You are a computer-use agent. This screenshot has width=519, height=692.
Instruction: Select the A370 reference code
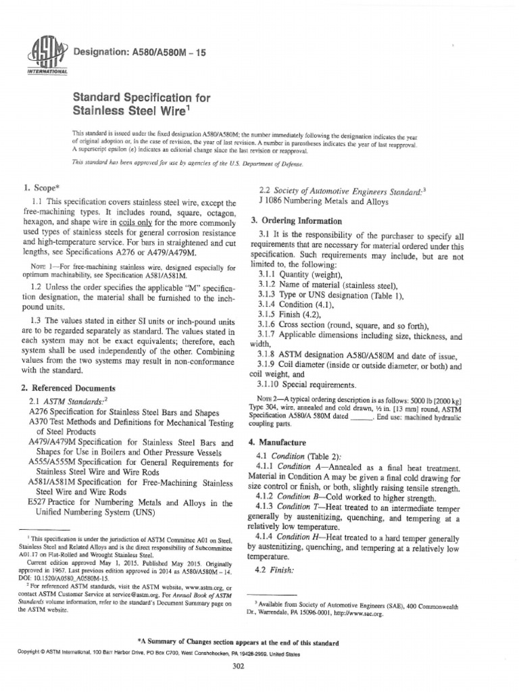[40, 420]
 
